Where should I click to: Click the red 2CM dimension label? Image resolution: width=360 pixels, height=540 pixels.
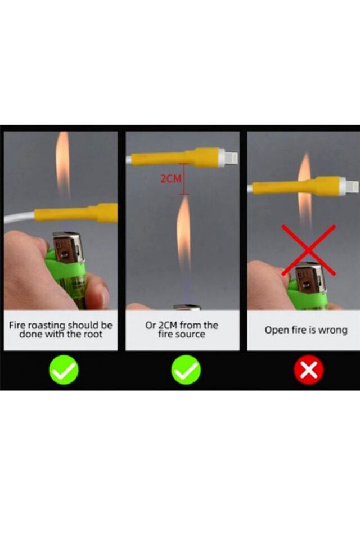coord(170,179)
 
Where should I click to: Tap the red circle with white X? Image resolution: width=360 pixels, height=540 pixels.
coord(309,370)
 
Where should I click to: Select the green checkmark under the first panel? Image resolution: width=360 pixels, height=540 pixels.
coord(64,370)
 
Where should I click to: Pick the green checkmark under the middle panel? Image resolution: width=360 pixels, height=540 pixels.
coord(186,370)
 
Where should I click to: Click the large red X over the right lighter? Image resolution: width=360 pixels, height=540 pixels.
coord(309,250)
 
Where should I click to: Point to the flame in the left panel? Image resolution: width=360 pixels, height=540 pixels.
coord(63,167)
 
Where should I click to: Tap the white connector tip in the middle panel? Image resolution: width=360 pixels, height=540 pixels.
coord(229,158)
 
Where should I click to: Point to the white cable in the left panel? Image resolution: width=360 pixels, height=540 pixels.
coord(19,218)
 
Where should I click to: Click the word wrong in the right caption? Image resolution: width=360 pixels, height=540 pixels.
coord(332,331)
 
